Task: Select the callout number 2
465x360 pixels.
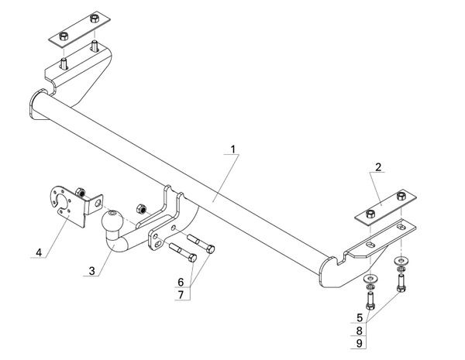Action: [x=378, y=167]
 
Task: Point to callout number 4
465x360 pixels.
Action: [x=37, y=252]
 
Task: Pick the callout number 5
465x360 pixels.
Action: [x=360, y=317]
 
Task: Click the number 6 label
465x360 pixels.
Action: [x=181, y=281]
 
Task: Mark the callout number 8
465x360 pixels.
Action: [x=360, y=330]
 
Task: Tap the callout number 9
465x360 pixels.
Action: [x=360, y=342]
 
